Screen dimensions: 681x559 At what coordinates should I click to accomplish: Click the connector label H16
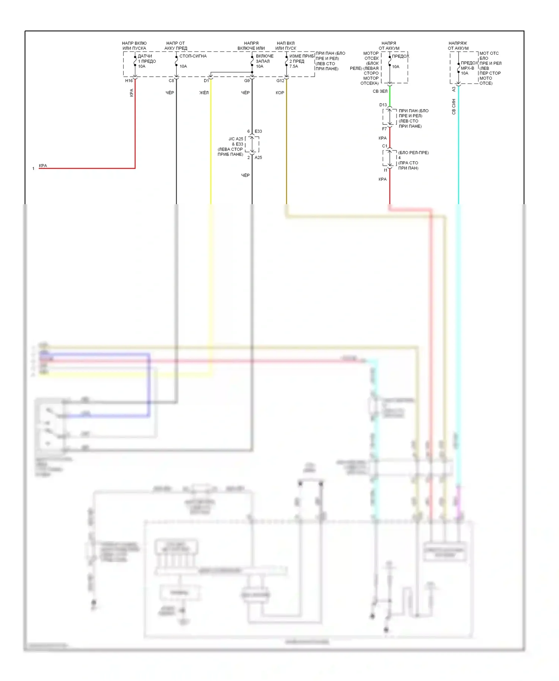(x=129, y=81)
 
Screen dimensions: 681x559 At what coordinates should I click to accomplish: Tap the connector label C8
(x=171, y=81)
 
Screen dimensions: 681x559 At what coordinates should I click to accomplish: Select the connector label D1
(x=206, y=81)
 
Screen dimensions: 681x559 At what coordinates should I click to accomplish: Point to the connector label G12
(x=280, y=81)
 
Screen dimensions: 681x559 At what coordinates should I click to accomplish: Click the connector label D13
(x=383, y=105)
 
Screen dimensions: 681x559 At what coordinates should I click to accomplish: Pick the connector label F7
(x=384, y=129)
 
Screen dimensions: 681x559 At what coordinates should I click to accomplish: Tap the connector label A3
(x=454, y=89)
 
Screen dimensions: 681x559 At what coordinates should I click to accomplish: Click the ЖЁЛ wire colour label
(x=204, y=93)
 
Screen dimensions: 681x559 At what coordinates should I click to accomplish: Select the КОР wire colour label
(x=280, y=93)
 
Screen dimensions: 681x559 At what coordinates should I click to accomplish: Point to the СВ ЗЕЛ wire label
(x=380, y=91)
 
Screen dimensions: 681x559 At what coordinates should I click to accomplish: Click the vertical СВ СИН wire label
(x=454, y=107)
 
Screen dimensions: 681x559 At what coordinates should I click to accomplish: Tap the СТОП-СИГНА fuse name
(x=193, y=56)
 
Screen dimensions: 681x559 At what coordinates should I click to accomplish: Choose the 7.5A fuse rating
(x=294, y=66)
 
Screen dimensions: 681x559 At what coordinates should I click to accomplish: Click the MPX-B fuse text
(x=467, y=68)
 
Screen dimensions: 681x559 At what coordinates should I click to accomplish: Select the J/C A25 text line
(x=236, y=139)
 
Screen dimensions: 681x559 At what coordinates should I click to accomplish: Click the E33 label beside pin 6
(x=258, y=132)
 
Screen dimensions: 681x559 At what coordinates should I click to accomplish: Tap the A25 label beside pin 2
(x=258, y=158)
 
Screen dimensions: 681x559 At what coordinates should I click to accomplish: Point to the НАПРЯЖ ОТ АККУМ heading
(x=458, y=46)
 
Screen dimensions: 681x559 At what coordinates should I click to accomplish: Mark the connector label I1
(x=386, y=170)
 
